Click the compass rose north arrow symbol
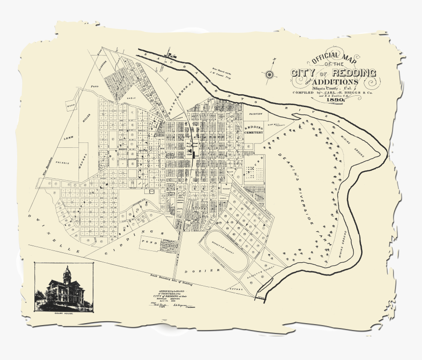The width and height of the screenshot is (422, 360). pyautogui.click(x=269, y=74)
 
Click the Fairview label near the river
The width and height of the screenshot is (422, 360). pyautogui.click(x=256, y=113)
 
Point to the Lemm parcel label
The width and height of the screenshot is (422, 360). pyautogui.click(x=68, y=139)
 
